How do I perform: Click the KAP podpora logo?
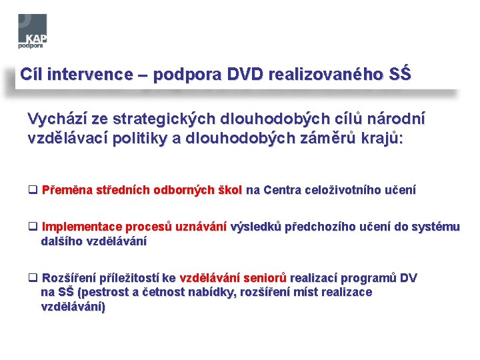32,31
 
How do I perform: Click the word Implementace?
77,227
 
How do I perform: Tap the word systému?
435,227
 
